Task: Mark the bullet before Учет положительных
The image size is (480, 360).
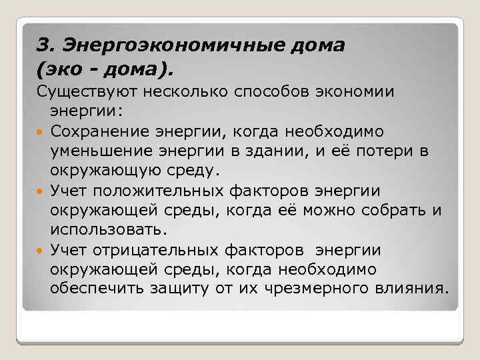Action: [41, 192]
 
